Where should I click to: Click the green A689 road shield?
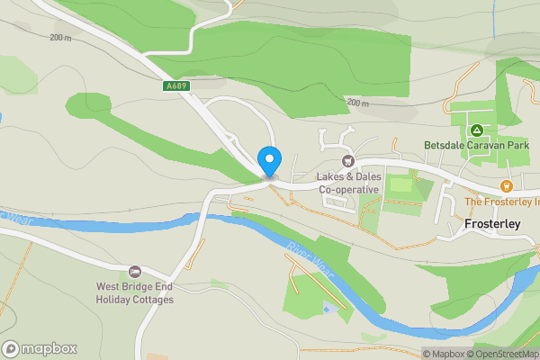176,86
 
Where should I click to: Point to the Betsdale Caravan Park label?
477,146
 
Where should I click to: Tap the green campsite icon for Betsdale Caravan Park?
477,130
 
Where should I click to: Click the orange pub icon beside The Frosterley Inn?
507,186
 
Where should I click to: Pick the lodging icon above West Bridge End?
135,272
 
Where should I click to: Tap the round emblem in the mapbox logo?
12,348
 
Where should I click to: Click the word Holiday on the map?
114,300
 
